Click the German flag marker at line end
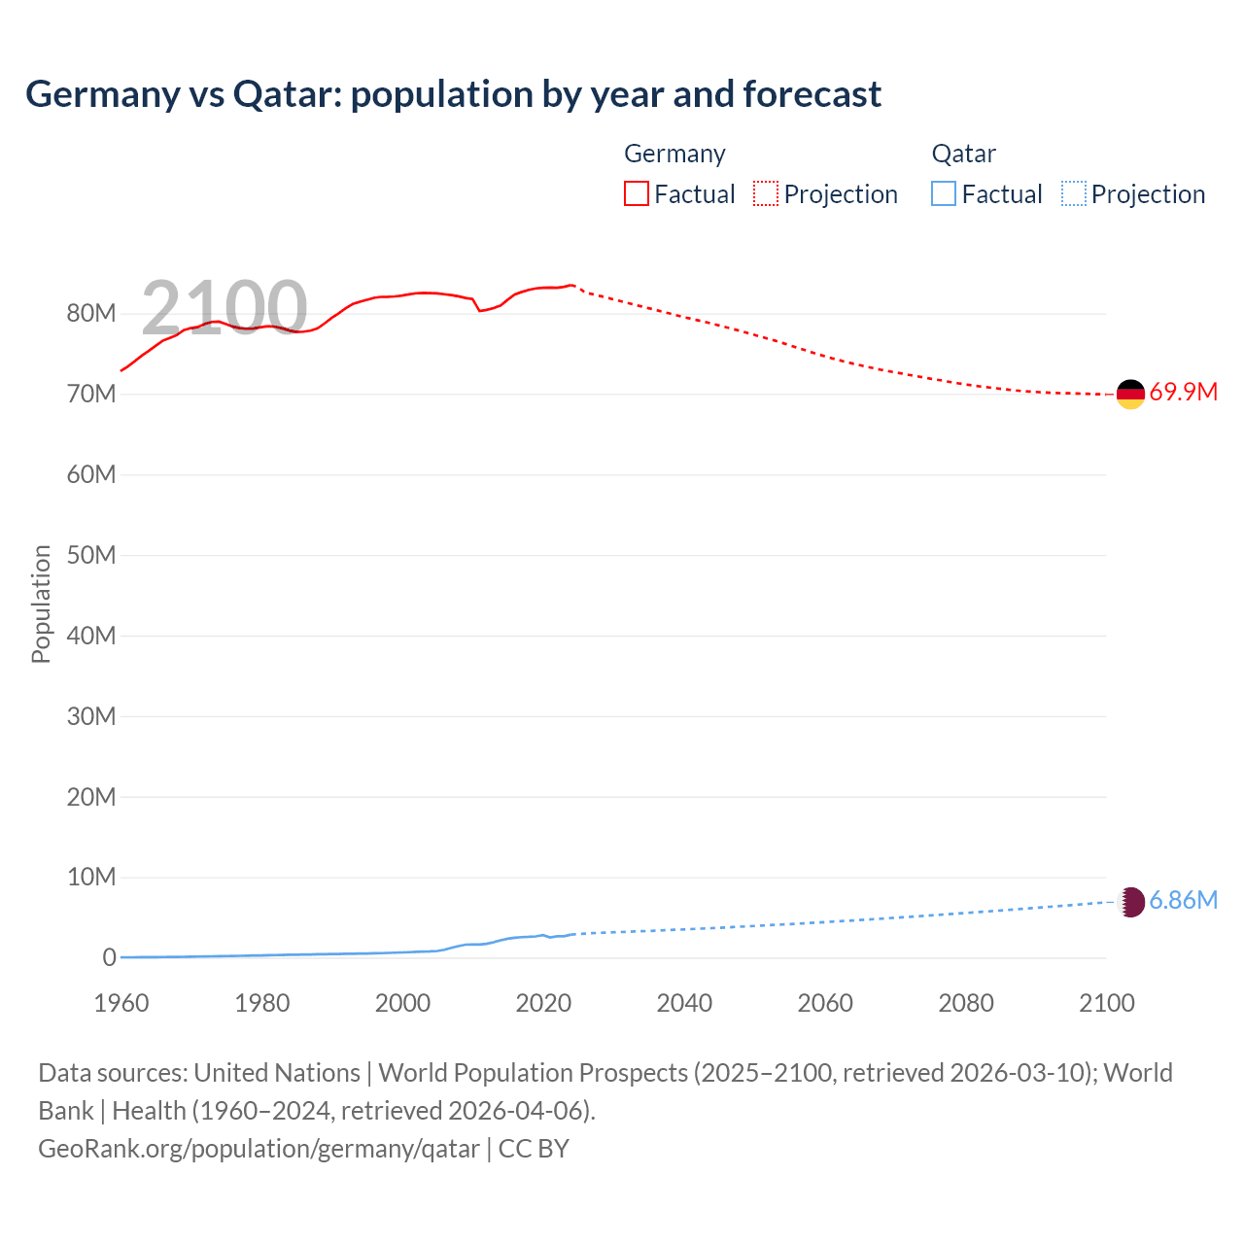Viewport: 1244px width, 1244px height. [1130, 394]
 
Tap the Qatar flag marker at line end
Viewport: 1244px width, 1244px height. [1131, 902]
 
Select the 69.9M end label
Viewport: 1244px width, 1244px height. [1183, 393]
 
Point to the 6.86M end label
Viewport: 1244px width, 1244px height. [1183, 901]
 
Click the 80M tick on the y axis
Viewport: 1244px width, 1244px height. [91, 314]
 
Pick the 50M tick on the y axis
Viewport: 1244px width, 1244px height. [91, 555]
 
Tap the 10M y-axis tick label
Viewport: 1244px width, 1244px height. [91, 878]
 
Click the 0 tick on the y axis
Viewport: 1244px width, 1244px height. [109, 958]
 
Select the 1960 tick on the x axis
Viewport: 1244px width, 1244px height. [121, 1003]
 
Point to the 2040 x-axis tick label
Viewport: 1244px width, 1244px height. [684, 1003]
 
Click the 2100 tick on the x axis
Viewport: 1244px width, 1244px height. [1106, 1003]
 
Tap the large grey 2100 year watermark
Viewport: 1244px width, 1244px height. [225, 308]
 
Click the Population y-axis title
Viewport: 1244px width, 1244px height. [41, 604]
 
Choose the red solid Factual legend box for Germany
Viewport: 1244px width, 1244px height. [637, 194]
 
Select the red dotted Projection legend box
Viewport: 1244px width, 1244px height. [766, 194]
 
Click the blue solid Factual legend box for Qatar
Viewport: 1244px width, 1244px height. [944, 194]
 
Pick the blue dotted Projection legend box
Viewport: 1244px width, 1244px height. [1073, 194]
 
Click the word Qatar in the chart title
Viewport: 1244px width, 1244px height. [286, 94]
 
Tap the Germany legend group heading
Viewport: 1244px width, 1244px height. [674, 154]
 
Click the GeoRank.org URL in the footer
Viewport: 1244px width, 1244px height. [259, 1149]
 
